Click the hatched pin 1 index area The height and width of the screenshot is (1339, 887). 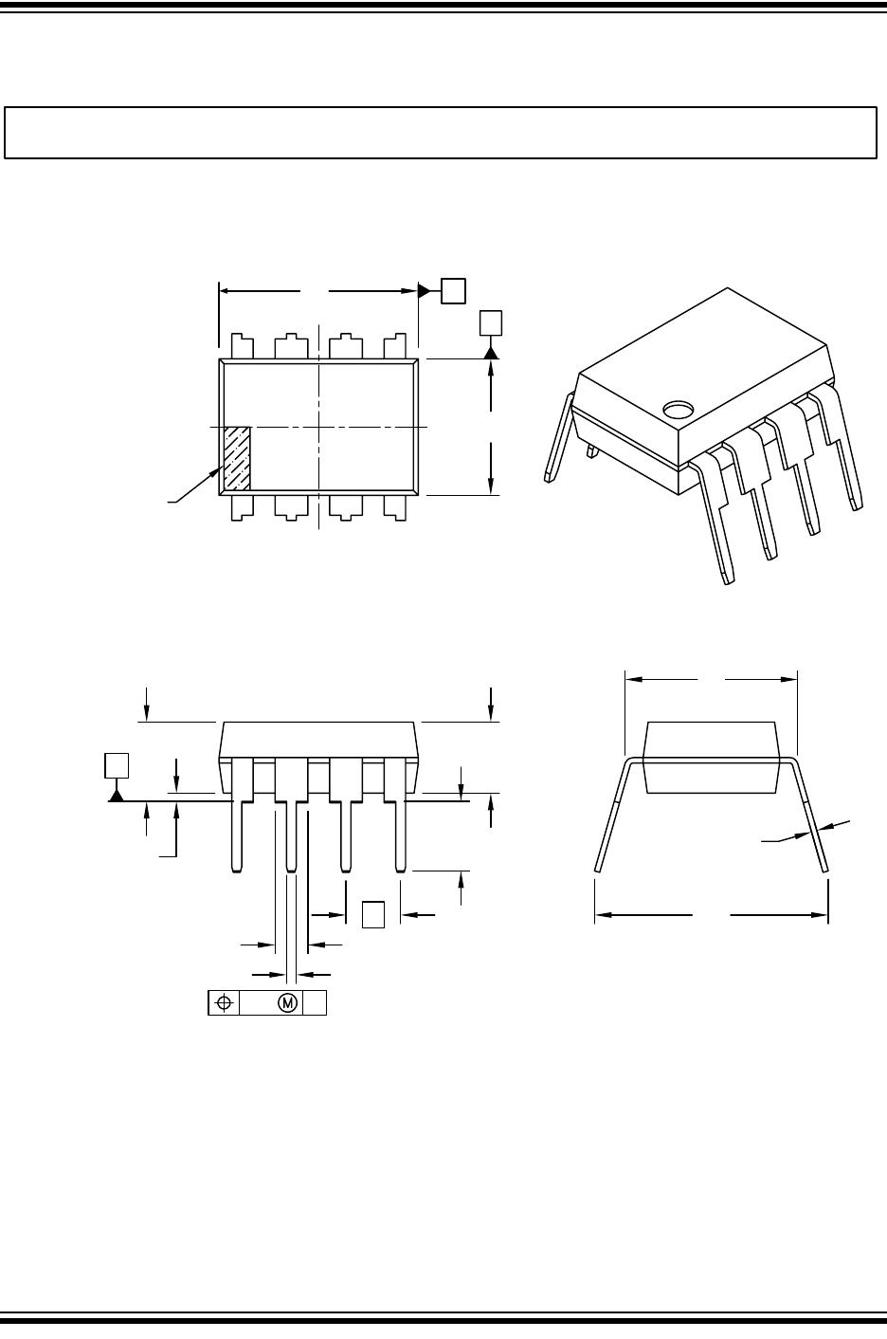tap(237, 458)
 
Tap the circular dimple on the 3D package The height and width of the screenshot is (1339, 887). tap(678, 410)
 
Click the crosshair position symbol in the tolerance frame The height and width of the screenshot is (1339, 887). tap(224, 1002)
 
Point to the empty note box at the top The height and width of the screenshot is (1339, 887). tap(440, 132)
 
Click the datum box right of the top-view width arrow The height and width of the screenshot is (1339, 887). tap(454, 290)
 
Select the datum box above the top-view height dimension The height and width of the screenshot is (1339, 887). tap(490, 322)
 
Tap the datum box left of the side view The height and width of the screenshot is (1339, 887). tap(116, 765)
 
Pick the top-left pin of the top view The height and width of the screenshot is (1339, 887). tap(242, 346)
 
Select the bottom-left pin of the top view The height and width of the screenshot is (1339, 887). tap(242, 506)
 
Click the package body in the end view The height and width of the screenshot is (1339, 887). tap(710, 757)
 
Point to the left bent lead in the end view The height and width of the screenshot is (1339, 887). tap(609, 816)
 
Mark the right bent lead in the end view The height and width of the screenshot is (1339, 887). tap(813, 816)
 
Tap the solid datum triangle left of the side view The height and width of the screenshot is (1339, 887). tap(116, 795)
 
